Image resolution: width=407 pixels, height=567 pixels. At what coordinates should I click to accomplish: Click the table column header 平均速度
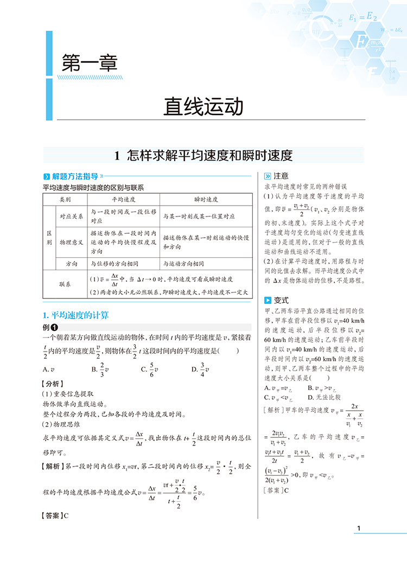coord(124,199)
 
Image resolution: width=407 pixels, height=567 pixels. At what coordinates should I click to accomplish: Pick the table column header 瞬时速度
coord(206,199)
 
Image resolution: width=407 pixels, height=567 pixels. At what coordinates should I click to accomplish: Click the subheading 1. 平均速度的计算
coord(75,315)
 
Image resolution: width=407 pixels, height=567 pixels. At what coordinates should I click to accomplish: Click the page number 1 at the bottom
coord(357,528)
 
